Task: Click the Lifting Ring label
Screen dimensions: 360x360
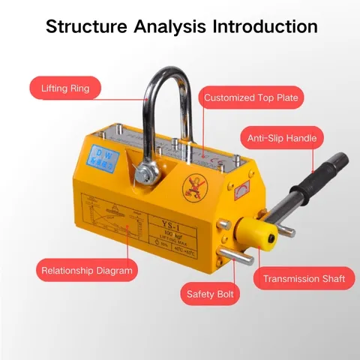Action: [65, 88]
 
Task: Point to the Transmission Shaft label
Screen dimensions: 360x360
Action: [304, 279]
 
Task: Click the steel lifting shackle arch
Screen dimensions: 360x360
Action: [163, 82]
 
